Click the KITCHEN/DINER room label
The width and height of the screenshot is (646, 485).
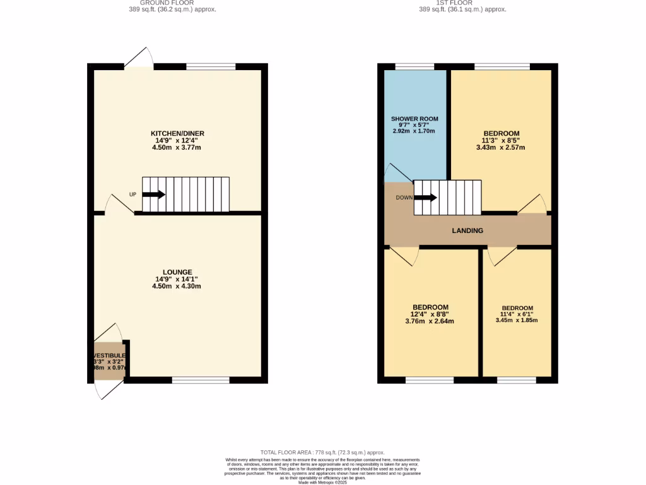(177, 133)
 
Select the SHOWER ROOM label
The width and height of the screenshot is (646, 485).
(414, 119)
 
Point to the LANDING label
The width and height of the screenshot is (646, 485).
(467, 231)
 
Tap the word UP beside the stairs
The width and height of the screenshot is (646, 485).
(132, 195)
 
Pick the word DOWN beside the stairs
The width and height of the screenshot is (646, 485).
(404, 198)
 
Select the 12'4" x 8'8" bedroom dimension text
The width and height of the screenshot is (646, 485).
(430, 314)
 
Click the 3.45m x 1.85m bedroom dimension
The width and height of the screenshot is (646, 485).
(517, 320)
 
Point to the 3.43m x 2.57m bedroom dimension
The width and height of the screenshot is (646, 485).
(500, 147)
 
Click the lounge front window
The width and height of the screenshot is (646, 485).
(201, 380)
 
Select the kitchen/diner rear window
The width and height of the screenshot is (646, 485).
(211, 66)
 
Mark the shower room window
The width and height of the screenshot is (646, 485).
(414, 66)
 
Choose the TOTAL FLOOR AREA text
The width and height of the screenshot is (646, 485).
(322, 453)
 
